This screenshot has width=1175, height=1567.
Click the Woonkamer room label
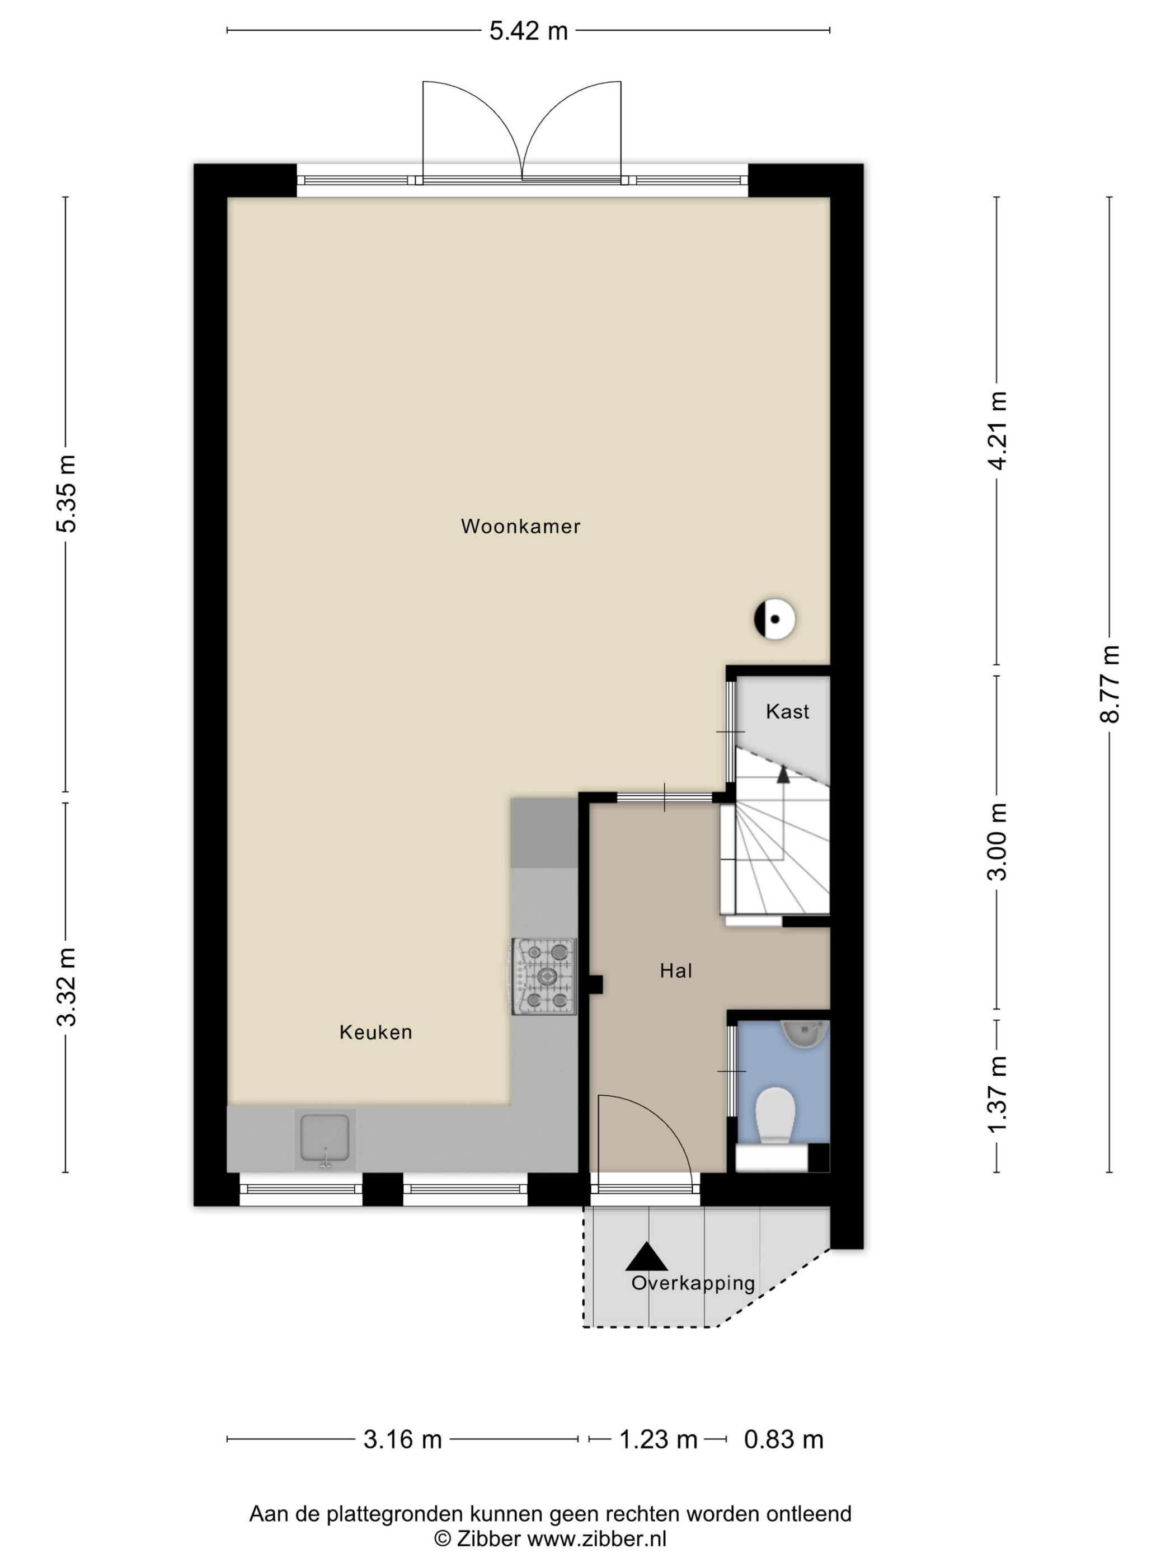(x=520, y=527)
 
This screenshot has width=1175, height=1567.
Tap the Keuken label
(x=375, y=1032)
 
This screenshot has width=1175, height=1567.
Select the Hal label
(x=676, y=970)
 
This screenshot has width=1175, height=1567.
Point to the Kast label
(x=787, y=711)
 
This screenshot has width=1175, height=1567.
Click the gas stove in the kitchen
(x=544, y=976)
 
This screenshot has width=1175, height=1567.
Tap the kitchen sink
(x=325, y=1138)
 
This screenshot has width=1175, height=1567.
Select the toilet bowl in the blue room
(x=775, y=1115)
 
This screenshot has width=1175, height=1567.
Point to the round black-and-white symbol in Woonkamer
(x=774, y=619)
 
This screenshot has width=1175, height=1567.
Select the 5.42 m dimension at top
(x=528, y=30)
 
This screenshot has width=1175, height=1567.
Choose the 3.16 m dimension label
(x=402, y=1439)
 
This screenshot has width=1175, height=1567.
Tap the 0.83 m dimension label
(x=783, y=1439)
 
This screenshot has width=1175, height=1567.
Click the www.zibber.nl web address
(x=597, y=1538)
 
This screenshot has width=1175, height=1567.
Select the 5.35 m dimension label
(x=67, y=493)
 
